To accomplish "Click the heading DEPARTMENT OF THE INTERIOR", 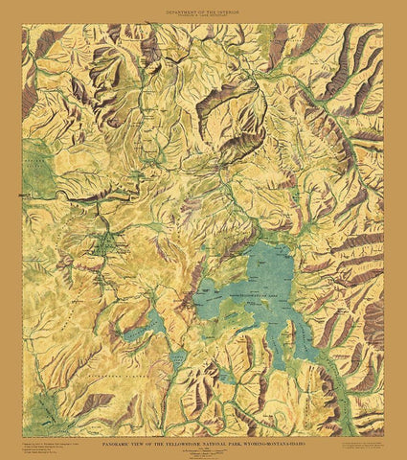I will (203, 9).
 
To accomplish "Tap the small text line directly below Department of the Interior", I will (203, 14).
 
